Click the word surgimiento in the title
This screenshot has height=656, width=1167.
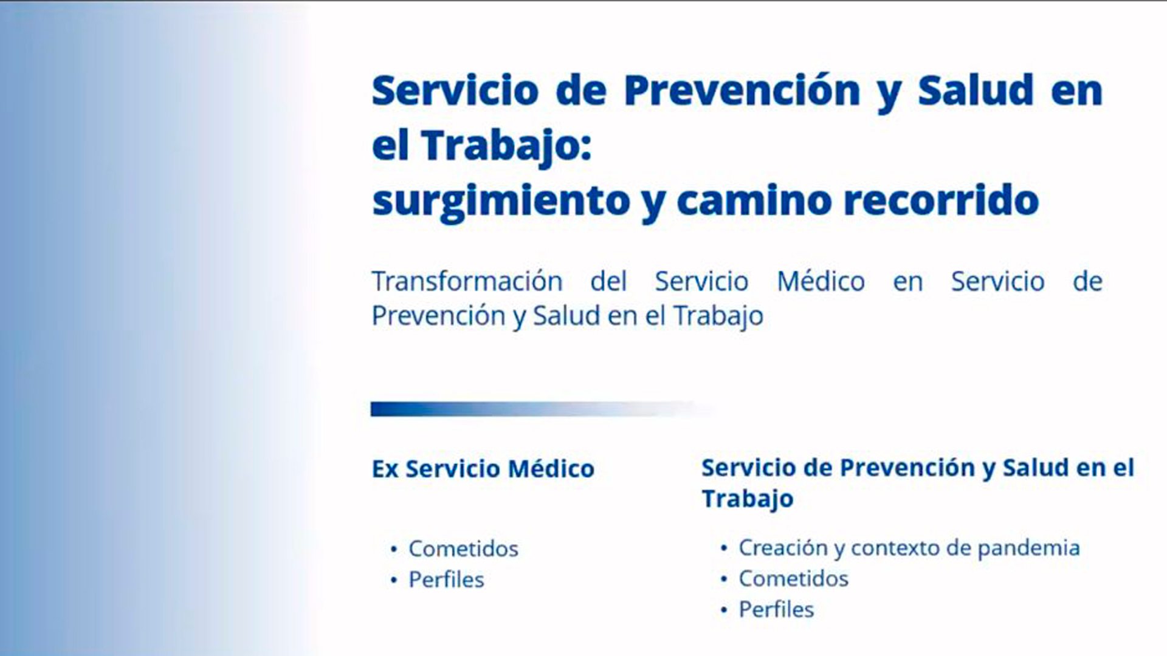click(x=501, y=201)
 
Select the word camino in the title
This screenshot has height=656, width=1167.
click(x=754, y=200)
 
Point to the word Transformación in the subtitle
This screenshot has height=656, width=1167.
click(x=467, y=281)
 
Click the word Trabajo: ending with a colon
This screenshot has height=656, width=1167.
click(x=506, y=146)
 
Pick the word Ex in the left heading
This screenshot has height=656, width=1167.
click(x=385, y=469)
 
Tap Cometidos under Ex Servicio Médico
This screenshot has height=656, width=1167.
click(x=463, y=548)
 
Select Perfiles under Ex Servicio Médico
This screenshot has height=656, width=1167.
click(x=446, y=579)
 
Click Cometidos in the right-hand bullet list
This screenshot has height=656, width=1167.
click(x=793, y=578)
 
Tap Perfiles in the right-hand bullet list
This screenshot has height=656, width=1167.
click(x=776, y=609)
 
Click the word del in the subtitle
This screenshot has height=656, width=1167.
click(x=608, y=281)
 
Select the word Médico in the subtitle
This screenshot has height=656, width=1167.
click(x=821, y=281)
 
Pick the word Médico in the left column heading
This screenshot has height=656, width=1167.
click(x=551, y=469)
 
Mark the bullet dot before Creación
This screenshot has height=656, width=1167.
click(x=723, y=548)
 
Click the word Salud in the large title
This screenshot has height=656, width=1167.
click(x=975, y=91)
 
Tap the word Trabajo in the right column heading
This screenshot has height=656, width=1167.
click(x=748, y=499)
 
